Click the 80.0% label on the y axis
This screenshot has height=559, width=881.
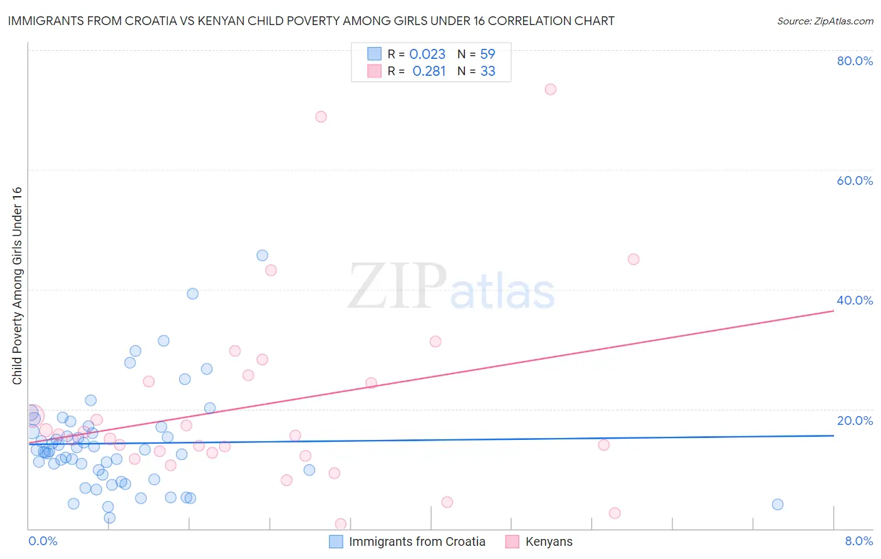(x=855, y=61)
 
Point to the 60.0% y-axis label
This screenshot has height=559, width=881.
(x=855, y=180)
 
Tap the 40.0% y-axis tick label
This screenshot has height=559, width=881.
(x=855, y=300)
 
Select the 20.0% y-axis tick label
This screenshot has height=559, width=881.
(x=855, y=421)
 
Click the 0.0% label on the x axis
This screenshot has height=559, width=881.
(x=43, y=541)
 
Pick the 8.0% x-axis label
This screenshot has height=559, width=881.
(x=858, y=541)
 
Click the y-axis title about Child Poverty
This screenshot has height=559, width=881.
(x=17, y=286)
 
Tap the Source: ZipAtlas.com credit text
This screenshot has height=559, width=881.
(x=825, y=21)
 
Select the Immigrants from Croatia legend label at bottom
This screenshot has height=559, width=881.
(x=417, y=541)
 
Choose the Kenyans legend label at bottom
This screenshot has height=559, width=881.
(x=549, y=541)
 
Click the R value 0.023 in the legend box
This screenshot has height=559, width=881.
(x=427, y=55)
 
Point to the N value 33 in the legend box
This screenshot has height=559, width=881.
(x=487, y=71)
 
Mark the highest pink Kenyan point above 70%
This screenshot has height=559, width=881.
(x=550, y=89)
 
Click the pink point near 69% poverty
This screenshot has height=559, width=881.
(x=321, y=117)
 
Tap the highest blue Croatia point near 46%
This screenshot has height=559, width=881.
(x=263, y=255)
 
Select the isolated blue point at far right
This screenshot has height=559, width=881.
(x=778, y=504)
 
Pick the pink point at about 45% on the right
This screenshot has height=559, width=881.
(x=633, y=259)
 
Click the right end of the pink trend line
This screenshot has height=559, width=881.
(x=833, y=310)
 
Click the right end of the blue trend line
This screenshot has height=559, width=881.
(x=833, y=435)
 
